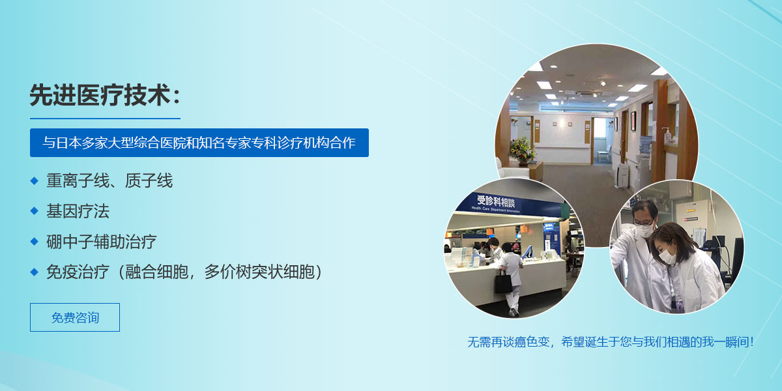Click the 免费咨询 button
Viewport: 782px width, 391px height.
tap(75, 317)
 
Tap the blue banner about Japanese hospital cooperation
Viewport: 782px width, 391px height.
tap(199, 143)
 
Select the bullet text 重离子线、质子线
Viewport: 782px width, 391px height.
tap(109, 181)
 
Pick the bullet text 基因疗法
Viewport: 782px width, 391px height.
tap(78, 211)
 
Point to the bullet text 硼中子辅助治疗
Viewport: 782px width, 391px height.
tap(102, 241)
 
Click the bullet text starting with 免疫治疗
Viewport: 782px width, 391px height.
tap(184, 272)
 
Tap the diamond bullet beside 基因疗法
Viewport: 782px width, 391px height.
tap(34, 211)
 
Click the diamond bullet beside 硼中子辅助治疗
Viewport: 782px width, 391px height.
tap(34, 241)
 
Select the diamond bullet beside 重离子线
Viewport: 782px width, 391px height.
tap(34, 181)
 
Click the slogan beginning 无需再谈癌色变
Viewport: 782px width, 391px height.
tap(611, 341)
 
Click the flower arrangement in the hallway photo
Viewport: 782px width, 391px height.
tap(522, 150)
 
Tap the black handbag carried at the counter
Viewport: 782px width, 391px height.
tap(503, 283)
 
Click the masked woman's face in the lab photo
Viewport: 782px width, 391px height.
tap(667, 252)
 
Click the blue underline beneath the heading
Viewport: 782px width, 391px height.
tap(105, 119)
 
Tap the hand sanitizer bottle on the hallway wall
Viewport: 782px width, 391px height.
tap(668, 136)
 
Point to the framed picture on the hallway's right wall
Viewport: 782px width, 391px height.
tap(633, 121)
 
